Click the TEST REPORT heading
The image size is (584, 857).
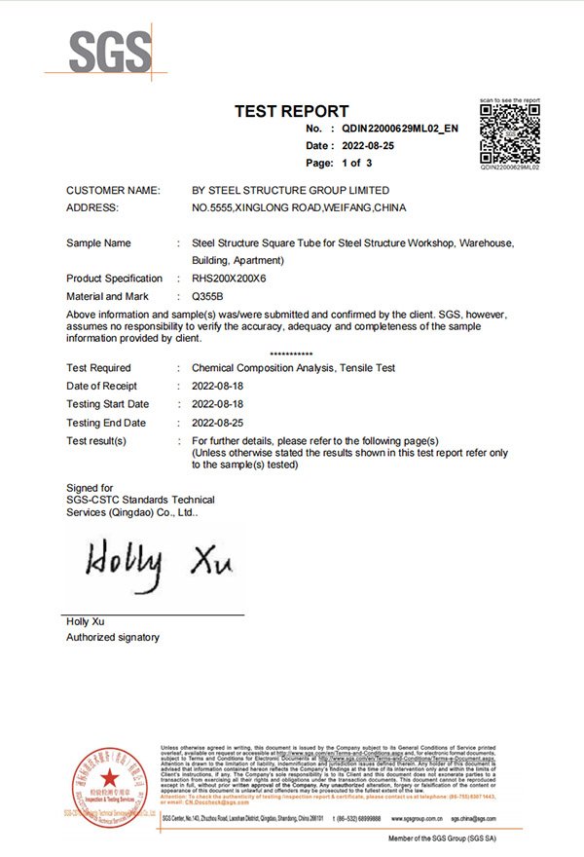pos(292,112)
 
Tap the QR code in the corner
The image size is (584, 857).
pos(510,133)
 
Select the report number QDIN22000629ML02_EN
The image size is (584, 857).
pos(400,129)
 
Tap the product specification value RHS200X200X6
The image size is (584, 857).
pos(231,279)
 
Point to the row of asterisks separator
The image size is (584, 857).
pos(291,354)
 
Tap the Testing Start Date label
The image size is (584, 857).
pos(108,404)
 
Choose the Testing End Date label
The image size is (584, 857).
pos(106,423)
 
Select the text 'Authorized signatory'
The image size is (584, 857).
pos(112,637)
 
